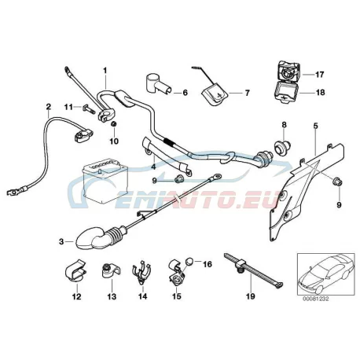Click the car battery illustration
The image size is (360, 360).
(105, 181)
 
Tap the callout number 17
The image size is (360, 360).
(319, 75)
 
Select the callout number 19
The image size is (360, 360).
(251, 296)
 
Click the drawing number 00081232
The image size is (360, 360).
(316, 299)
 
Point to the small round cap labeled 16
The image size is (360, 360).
(189, 262)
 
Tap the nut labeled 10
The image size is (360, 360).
(114, 124)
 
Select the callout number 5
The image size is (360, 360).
(315, 126)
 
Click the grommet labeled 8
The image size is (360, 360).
(282, 146)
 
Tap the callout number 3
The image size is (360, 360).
(61, 241)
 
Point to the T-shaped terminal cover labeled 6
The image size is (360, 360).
(158, 84)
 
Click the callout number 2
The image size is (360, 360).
(48, 107)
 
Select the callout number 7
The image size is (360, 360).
(248, 93)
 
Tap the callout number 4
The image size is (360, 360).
(153, 167)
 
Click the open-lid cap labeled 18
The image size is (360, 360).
(286, 93)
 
